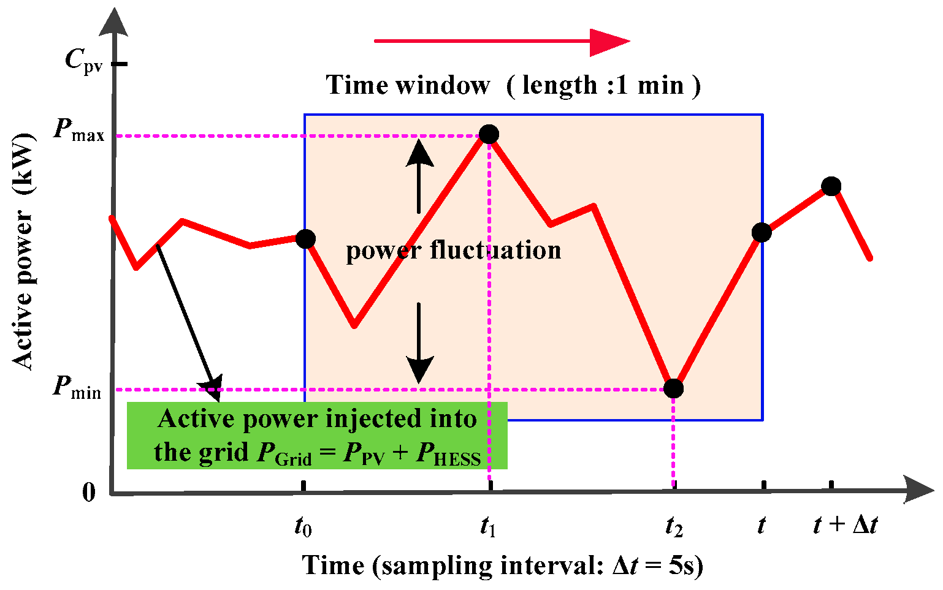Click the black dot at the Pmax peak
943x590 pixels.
[489, 134]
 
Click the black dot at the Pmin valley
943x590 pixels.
[673, 388]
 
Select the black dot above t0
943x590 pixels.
[305, 238]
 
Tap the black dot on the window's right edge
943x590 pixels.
[762, 232]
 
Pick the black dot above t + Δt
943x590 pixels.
[831, 186]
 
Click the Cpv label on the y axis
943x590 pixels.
[83, 61]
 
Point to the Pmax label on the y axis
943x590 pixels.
[78, 130]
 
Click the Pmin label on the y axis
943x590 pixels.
[77, 387]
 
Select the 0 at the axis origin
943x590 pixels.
[89, 492]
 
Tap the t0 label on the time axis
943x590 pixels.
[303, 526]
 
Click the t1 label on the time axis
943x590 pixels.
[488, 526]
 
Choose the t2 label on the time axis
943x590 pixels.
[674, 526]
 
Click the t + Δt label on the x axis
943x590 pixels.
[845, 525]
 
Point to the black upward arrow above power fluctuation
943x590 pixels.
[419, 175]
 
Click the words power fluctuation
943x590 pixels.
[453, 250]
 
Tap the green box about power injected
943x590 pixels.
[317, 436]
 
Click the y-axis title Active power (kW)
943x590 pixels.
[23, 251]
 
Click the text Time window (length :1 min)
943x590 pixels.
[513, 85]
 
